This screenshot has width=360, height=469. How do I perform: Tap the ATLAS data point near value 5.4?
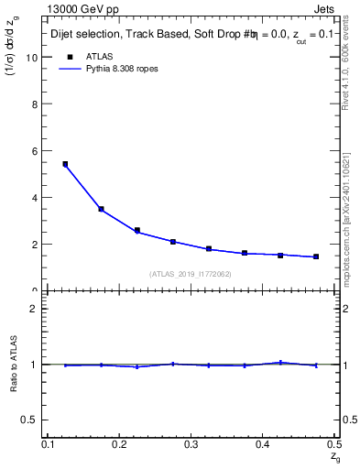click(x=65, y=164)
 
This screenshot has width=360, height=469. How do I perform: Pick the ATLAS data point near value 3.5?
click(x=101, y=209)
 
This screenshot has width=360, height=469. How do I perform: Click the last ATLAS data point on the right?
click(x=316, y=256)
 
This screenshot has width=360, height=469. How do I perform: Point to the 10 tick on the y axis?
click(x=35, y=57)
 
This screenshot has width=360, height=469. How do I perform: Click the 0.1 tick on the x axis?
click(x=48, y=444)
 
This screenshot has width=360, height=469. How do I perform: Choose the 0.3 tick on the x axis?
click(x=191, y=444)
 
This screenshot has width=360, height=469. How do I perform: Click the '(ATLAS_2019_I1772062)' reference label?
click(x=191, y=274)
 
